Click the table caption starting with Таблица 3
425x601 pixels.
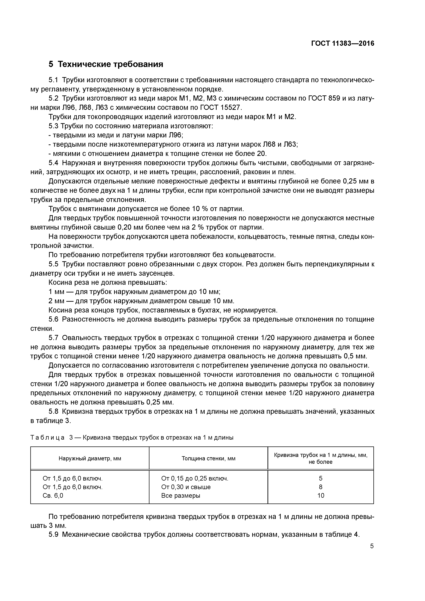coord(132,437)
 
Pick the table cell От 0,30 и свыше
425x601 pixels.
coord(186,487)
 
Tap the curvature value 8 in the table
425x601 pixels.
coord(320,487)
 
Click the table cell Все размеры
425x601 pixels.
coord(181,495)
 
